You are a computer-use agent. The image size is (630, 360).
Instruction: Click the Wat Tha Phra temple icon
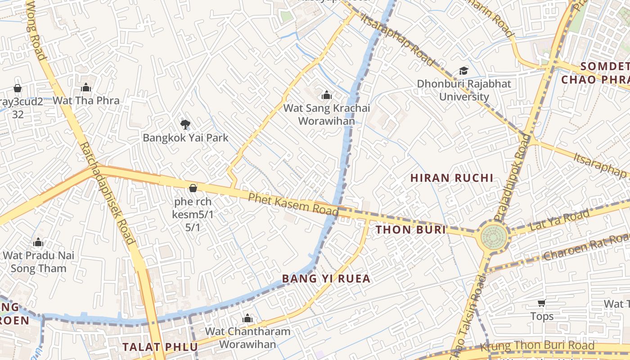click(x=86, y=87)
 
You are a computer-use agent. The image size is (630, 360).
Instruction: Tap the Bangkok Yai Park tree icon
click(x=184, y=125)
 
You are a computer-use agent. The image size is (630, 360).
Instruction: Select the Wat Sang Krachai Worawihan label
click(x=327, y=115)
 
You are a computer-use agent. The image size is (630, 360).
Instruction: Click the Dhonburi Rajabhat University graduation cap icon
click(x=463, y=71)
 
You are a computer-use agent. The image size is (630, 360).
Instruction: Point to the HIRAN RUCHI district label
click(x=452, y=178)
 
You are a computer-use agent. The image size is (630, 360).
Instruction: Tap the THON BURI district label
click(x=410, y=230)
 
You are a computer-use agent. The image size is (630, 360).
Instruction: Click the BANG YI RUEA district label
click(x=326, y=279)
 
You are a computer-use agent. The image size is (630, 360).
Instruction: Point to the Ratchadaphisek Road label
click(x=107, y=193)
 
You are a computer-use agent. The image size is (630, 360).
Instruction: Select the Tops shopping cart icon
click(x=542, y=303)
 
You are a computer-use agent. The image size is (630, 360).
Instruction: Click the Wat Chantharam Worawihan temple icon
click(x=247, y=319)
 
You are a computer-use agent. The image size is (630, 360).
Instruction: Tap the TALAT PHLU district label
click(x=160, y=347)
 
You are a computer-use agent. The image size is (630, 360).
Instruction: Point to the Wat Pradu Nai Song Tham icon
click(x=38, y=243)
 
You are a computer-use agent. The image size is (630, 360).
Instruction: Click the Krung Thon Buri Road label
click(x=537, y=346)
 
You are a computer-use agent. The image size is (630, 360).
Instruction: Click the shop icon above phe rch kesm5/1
click(x=193, y=188)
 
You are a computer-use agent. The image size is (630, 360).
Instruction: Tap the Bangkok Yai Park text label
click(x=185, y=138)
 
